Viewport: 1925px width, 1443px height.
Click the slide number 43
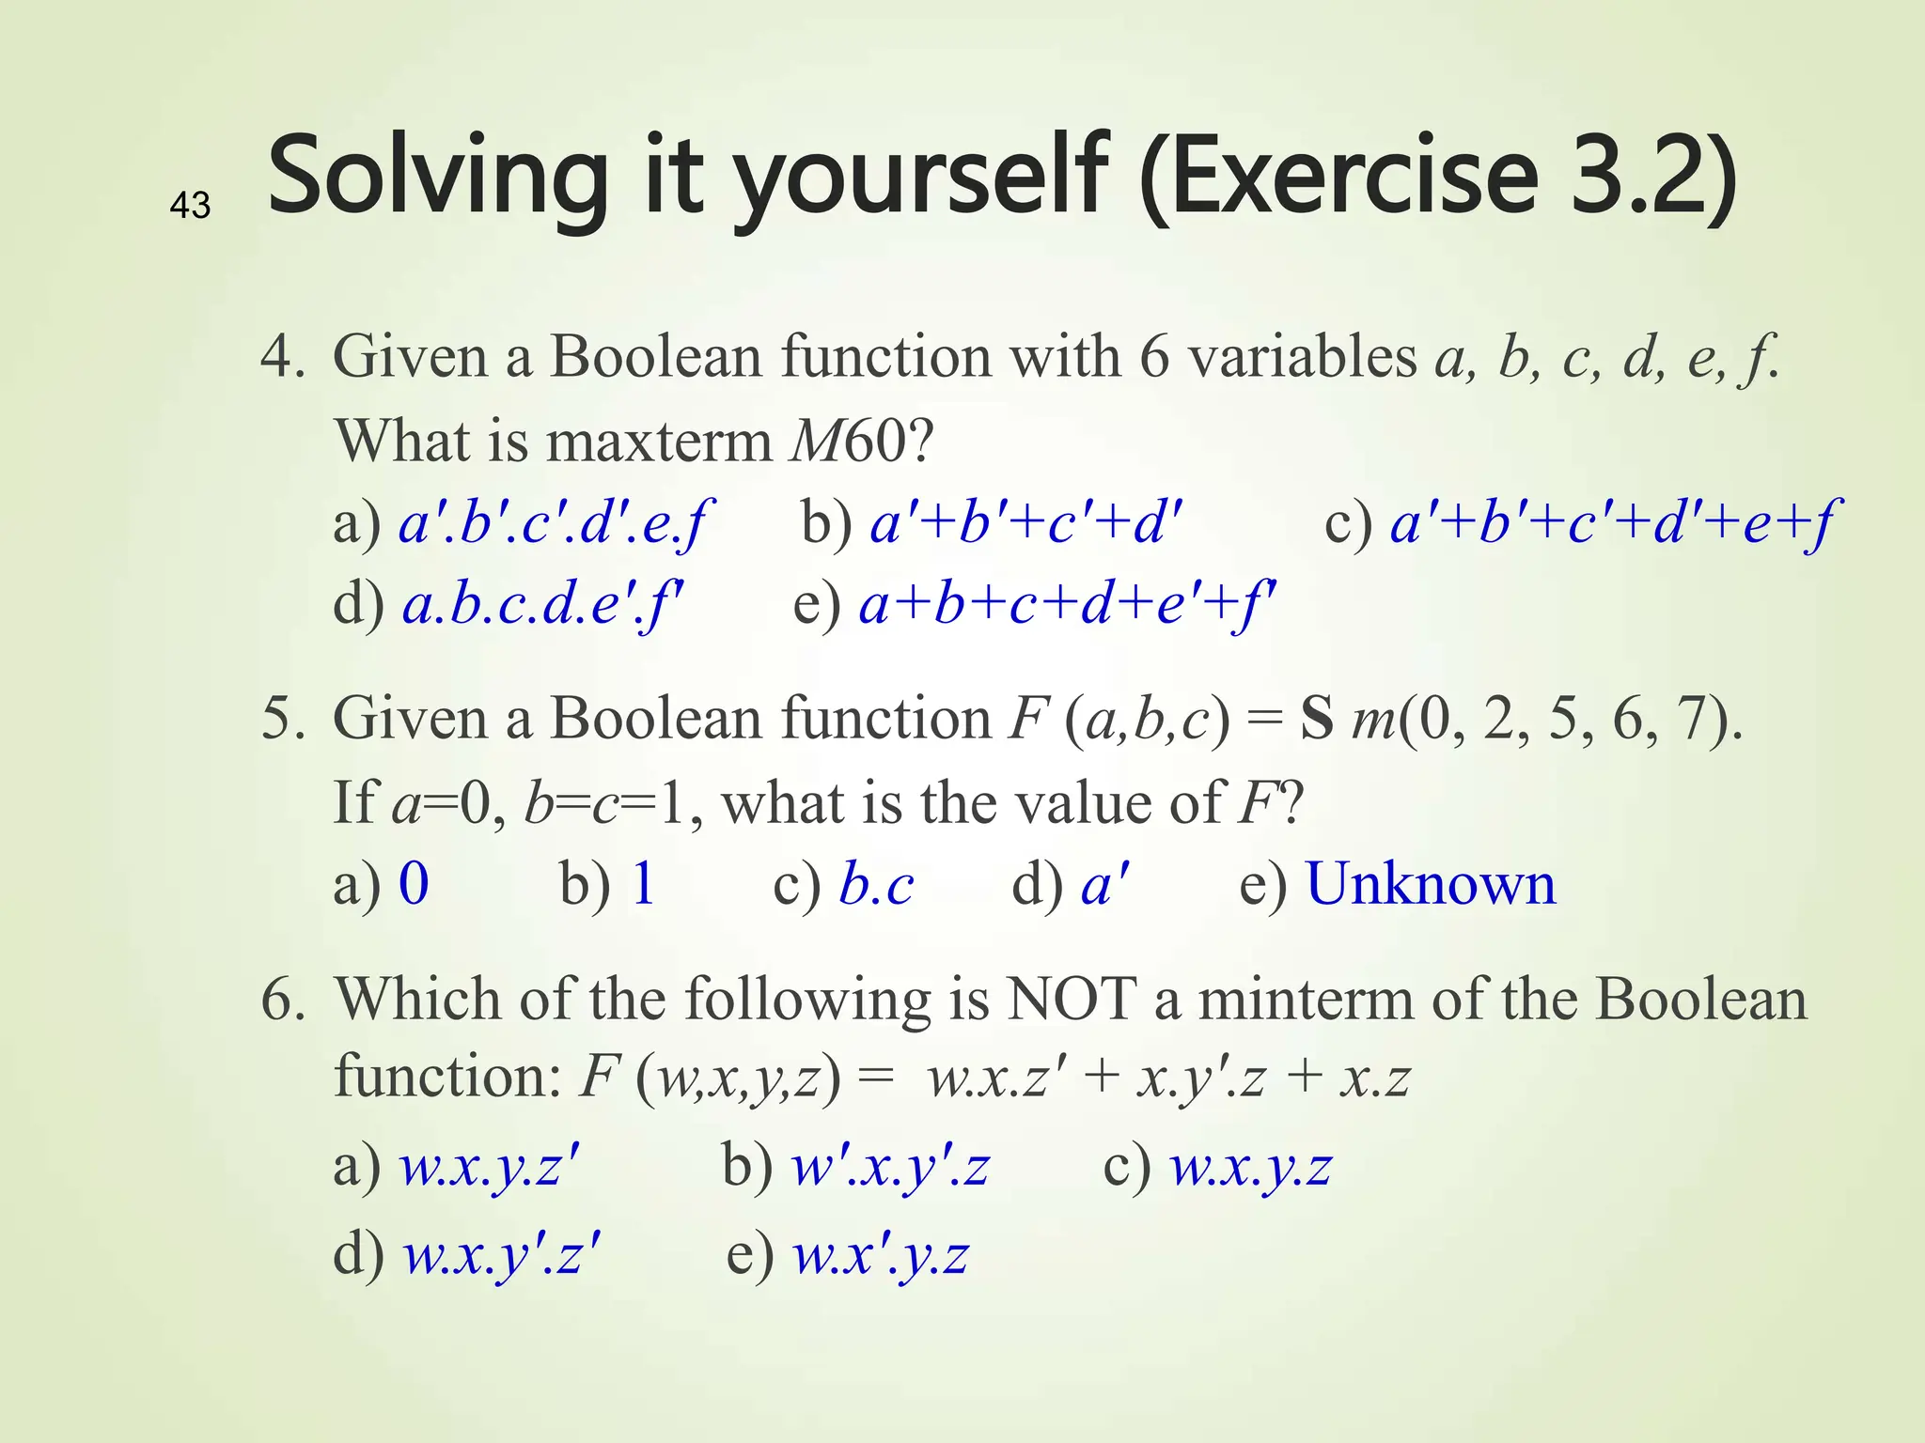coord(190,205)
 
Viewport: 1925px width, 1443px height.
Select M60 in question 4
coord(850,440)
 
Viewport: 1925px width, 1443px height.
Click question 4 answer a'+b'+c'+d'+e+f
coord(1611,522)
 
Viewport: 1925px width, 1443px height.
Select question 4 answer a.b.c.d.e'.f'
coord(542,604)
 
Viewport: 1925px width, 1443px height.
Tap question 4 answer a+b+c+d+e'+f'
coord(1067,604)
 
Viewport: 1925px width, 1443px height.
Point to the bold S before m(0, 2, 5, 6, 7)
coord(1317,719)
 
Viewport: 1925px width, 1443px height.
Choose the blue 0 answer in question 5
coord(414,884)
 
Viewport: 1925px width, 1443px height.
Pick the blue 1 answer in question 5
coord(644,884)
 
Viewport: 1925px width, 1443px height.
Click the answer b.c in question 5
coord(876,886)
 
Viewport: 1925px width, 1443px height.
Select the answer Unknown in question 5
coord(1431,884)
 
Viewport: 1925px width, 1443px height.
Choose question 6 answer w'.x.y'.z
coord(890,1168)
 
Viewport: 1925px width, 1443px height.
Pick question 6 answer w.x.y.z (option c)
coord(1250,1168)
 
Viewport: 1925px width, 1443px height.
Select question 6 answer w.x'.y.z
coord(881,1255)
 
